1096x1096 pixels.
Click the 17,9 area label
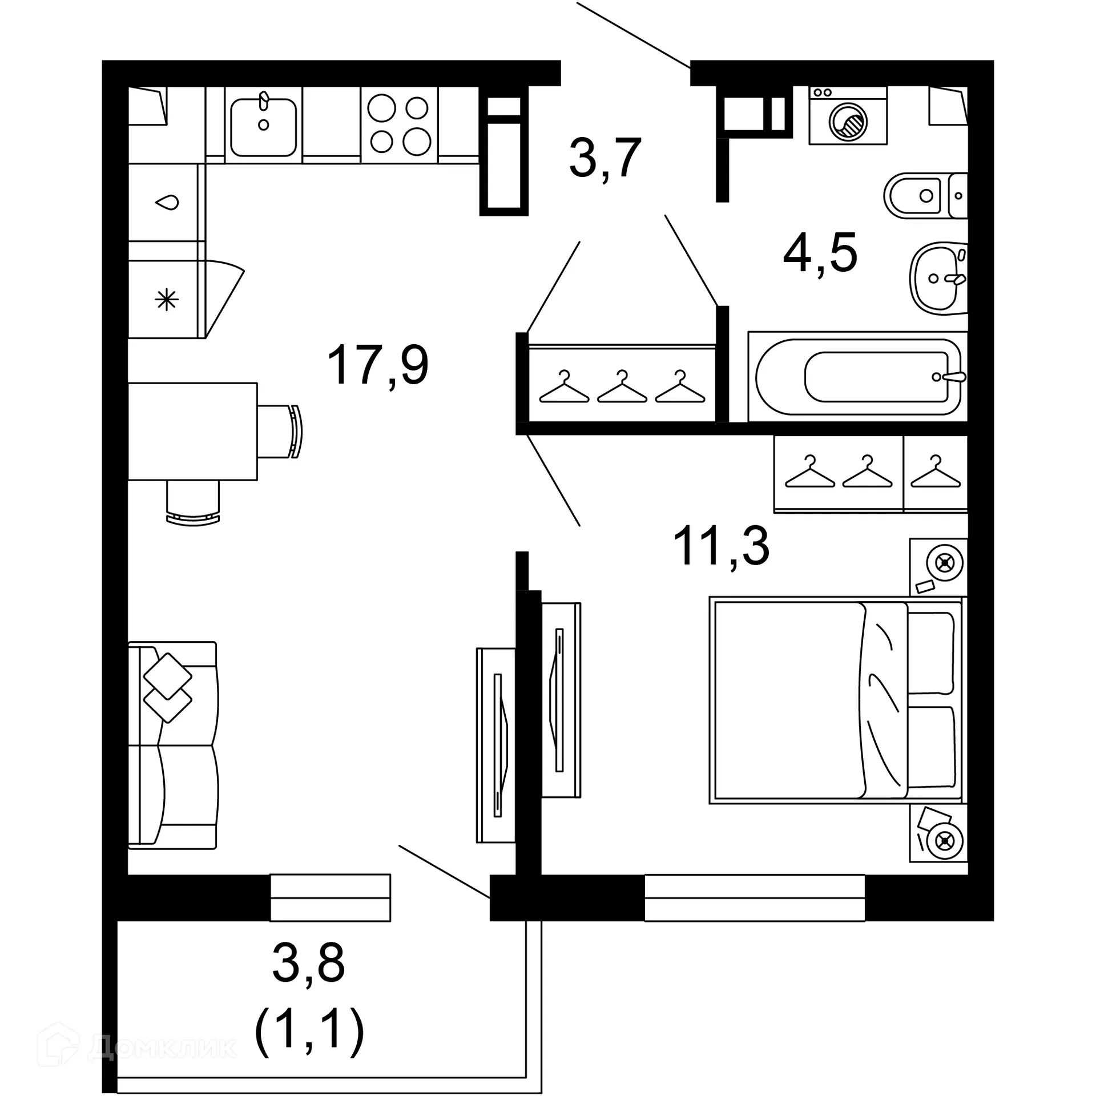point(377,365)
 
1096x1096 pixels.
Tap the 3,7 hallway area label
point(605,158)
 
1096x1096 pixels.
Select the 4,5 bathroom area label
point(820,253)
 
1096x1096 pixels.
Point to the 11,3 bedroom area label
point(721,546)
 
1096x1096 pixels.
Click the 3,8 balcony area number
point(308,963)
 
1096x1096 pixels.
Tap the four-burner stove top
point(399,125)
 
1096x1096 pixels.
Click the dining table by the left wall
point(192,431)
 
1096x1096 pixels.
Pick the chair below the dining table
point(193,501)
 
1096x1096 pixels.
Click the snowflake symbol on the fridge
point(167,300)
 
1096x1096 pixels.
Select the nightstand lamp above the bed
point(945,563)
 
